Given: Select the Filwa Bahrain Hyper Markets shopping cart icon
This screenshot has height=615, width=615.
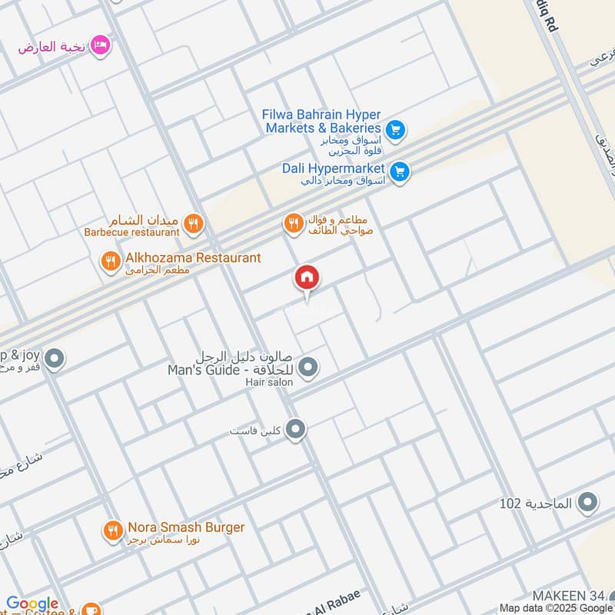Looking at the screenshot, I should click(x=395, y=131).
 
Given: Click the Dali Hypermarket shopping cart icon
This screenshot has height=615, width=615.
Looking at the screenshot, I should click(x=399, y=171).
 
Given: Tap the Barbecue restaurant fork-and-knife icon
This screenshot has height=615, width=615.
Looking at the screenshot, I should click(x=193, y=224).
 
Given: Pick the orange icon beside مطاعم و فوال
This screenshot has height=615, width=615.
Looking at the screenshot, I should click(x=293, y=224).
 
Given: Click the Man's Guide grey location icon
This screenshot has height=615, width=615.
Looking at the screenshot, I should click(x=308, y=368).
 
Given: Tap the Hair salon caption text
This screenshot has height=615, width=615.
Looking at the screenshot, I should click(x=269, y=382).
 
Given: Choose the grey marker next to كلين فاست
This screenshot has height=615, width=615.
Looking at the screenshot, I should click(x=296, y=430).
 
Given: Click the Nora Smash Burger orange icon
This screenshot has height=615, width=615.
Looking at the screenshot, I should click(x=113, y=530).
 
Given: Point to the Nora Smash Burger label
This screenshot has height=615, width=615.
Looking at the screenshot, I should click(x=186, y=527).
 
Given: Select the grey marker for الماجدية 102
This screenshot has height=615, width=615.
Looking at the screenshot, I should click(x=588, y=503).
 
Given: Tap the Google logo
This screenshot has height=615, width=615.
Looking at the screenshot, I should click(x=32, y=603).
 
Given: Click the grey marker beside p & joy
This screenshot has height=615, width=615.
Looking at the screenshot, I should click(x=54, y=358).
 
